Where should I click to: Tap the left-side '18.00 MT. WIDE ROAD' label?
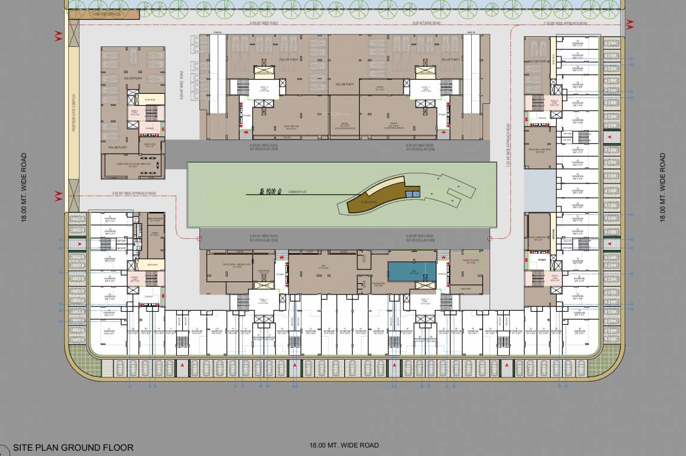(24, 187)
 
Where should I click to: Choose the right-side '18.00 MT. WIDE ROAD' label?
(662, 187)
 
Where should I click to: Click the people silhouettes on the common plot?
(270, 191)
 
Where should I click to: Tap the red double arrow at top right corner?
(630, 23)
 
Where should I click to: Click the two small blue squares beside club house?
(412, 194)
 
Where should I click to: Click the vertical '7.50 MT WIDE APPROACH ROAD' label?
(509, 145)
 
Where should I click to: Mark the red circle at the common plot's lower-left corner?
(198, 238)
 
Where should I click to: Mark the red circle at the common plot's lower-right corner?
(489, 239)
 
